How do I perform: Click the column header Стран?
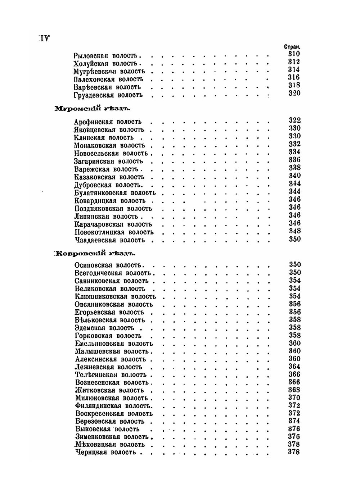292,47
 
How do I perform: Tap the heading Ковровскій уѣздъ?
94,253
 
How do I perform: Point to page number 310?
294,54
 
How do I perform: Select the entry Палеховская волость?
108,79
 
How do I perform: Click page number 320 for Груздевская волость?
294,93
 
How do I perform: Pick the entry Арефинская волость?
108,122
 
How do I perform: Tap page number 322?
294,120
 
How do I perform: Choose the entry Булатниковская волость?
115,193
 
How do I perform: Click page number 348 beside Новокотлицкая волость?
294,231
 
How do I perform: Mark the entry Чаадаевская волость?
110,240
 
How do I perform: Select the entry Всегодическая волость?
113,273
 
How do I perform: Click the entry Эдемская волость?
104,328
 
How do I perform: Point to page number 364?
294,367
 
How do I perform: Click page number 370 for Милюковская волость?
294,397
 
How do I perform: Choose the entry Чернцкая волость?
106,452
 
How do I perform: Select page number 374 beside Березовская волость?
294,421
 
